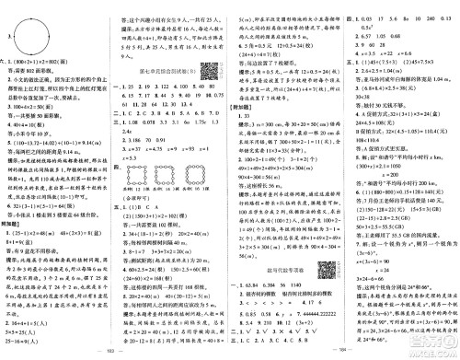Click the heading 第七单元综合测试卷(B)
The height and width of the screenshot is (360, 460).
click(x=162, y=70)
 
